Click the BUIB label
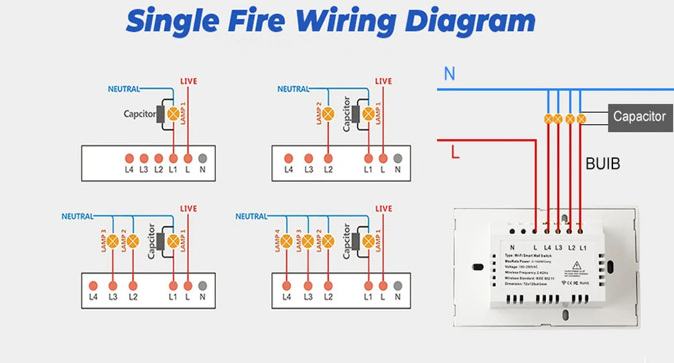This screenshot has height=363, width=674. point(602,163)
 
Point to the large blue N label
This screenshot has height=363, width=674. point(450,73)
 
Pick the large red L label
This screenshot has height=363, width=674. point(455,153)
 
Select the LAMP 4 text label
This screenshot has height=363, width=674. point(277,241)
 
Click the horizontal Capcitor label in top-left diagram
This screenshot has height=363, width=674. point(139,114)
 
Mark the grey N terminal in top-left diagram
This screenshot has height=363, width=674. point(202,158)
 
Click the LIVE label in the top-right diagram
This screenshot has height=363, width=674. point(383,81)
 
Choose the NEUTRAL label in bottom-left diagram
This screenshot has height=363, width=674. point(78,216)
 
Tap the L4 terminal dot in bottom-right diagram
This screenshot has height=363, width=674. point(287,284)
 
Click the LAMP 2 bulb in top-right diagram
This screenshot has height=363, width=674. point(328,114)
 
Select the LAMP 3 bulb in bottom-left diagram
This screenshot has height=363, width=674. point(113,240)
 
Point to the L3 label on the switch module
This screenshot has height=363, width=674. point(558,248)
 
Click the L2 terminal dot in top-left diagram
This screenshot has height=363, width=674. point(159,158)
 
